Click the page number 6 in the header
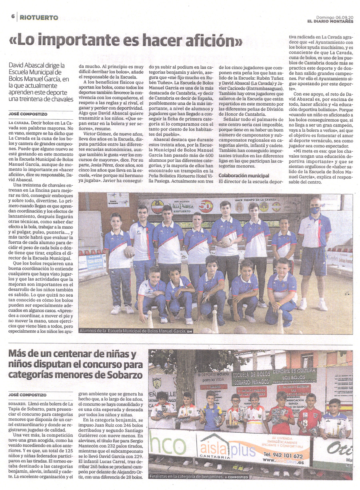13,17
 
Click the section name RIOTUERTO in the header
39,17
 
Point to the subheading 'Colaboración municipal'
244,176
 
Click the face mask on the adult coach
315,210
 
